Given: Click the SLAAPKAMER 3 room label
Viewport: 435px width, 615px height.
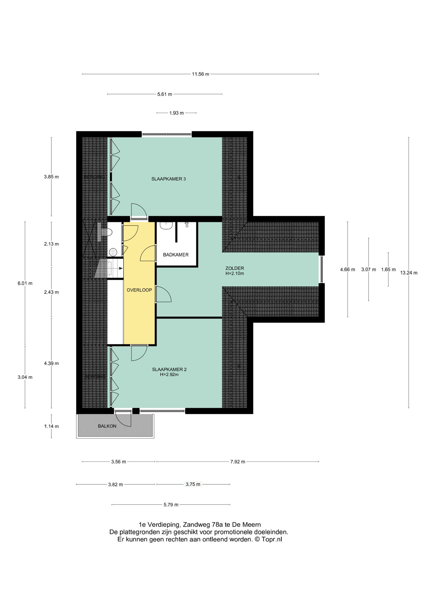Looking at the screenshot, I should tap(168, 179).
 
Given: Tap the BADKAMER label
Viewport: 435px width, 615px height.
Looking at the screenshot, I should tap(176, 255).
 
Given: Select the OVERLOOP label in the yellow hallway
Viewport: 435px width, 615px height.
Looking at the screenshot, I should tap(139, 290).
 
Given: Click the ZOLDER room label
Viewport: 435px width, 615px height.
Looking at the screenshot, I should tap(235, 268).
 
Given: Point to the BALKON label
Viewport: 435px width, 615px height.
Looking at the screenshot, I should tap(107, 426).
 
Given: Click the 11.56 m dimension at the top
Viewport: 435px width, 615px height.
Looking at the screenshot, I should tap(200, 74).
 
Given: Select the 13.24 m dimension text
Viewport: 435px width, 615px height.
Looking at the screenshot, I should tap(409, 273).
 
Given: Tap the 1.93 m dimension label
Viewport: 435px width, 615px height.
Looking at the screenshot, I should tap(176, 113).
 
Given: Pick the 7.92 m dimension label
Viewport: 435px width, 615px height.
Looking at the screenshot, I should tap(238, 462).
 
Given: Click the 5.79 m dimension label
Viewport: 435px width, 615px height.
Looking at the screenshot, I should tap(171, 505).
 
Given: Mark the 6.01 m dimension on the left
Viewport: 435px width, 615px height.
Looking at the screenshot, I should tap(25, 283).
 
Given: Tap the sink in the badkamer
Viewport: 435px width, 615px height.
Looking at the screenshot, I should tap(165, 226).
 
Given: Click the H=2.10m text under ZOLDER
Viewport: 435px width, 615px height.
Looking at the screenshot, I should tap(235, 274).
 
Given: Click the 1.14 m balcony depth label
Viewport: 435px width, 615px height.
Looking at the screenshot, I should tap(51, 426).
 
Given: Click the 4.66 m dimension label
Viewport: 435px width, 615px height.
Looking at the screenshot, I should tap(348, 270).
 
